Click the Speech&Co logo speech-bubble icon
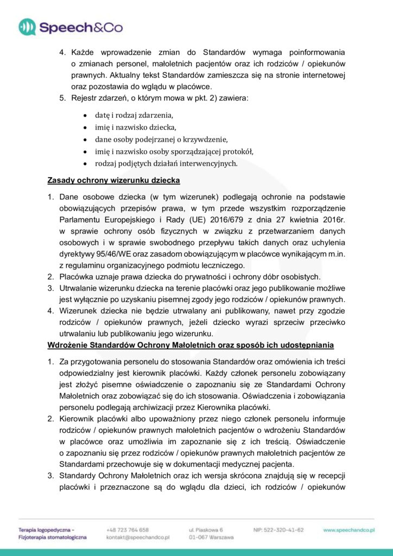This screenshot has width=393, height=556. coord(28,27)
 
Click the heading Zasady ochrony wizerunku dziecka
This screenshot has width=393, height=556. coord(114,180)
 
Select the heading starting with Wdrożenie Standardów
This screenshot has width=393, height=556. coord(191,345)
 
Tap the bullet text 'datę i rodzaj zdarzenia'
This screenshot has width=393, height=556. coord(134,116)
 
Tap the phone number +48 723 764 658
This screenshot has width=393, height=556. coord(128,529)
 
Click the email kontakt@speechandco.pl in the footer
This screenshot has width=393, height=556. coord(138,537)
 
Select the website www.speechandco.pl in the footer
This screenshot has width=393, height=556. coord(350,529)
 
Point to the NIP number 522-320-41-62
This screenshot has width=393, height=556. coord(278,529)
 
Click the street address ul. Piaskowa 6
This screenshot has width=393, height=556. coord(206,529)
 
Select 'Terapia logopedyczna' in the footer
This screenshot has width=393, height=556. coord(46,529)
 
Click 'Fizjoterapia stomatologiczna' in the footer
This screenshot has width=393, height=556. coord(52,537)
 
